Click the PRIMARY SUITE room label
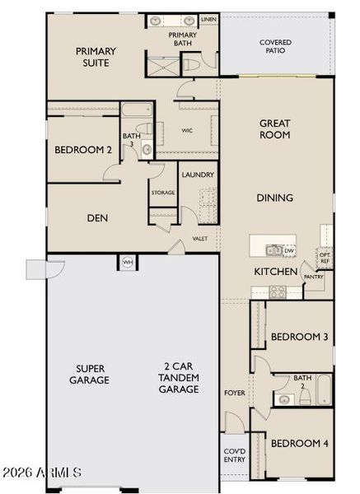[x=96, y=57]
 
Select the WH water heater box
[x=128, y=262]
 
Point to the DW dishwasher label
[x=289, y=251]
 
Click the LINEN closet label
[x=208, y=18]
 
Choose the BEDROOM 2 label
[x=83, y=151]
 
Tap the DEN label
[x=99, y=218]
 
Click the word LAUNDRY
[x=198, y=175]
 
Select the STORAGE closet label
[x=162, y=193]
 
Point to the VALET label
[x=200, y=239]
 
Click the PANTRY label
[x=313, y=277]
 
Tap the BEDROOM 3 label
[x=300, y=337]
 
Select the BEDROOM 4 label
[x=300, y=444]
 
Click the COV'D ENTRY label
[x=234, y=455]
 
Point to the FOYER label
[x=235, y=393]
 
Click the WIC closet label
[x=187, y=130]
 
